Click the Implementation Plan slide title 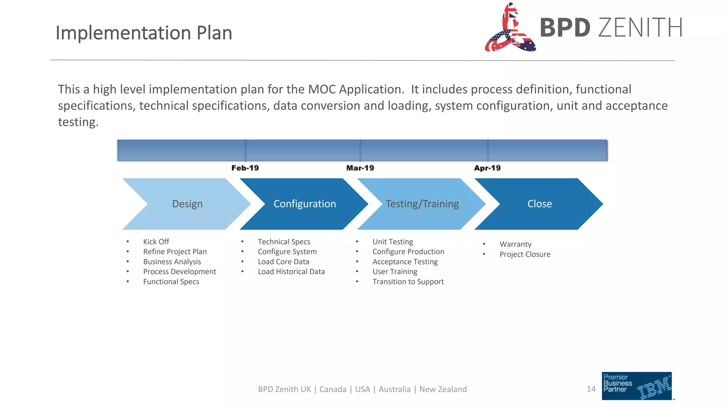[x=144, y=33]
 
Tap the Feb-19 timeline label [x=245, y=168]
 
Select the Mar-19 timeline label [x=360, y=168]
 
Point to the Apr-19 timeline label [x=487, y=168]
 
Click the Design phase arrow [x=187, y=204]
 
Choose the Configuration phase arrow [x=304, y=204]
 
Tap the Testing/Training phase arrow [x=422, y=204]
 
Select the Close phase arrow [x=540, y=204]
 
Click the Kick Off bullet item [x=156, y=242]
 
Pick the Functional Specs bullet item [x=171, y=282]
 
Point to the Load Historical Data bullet [x=291, y=272]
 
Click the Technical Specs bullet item [x=284, y=242]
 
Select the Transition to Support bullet [x=408, y=282]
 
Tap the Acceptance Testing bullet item [x=405, y=262]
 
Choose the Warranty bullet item [x=515, y=244]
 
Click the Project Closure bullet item [x=525, y=254]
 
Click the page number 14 [x=591, y=389]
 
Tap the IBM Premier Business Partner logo [x=636, y=386]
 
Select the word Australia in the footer [x=394, y=389]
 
